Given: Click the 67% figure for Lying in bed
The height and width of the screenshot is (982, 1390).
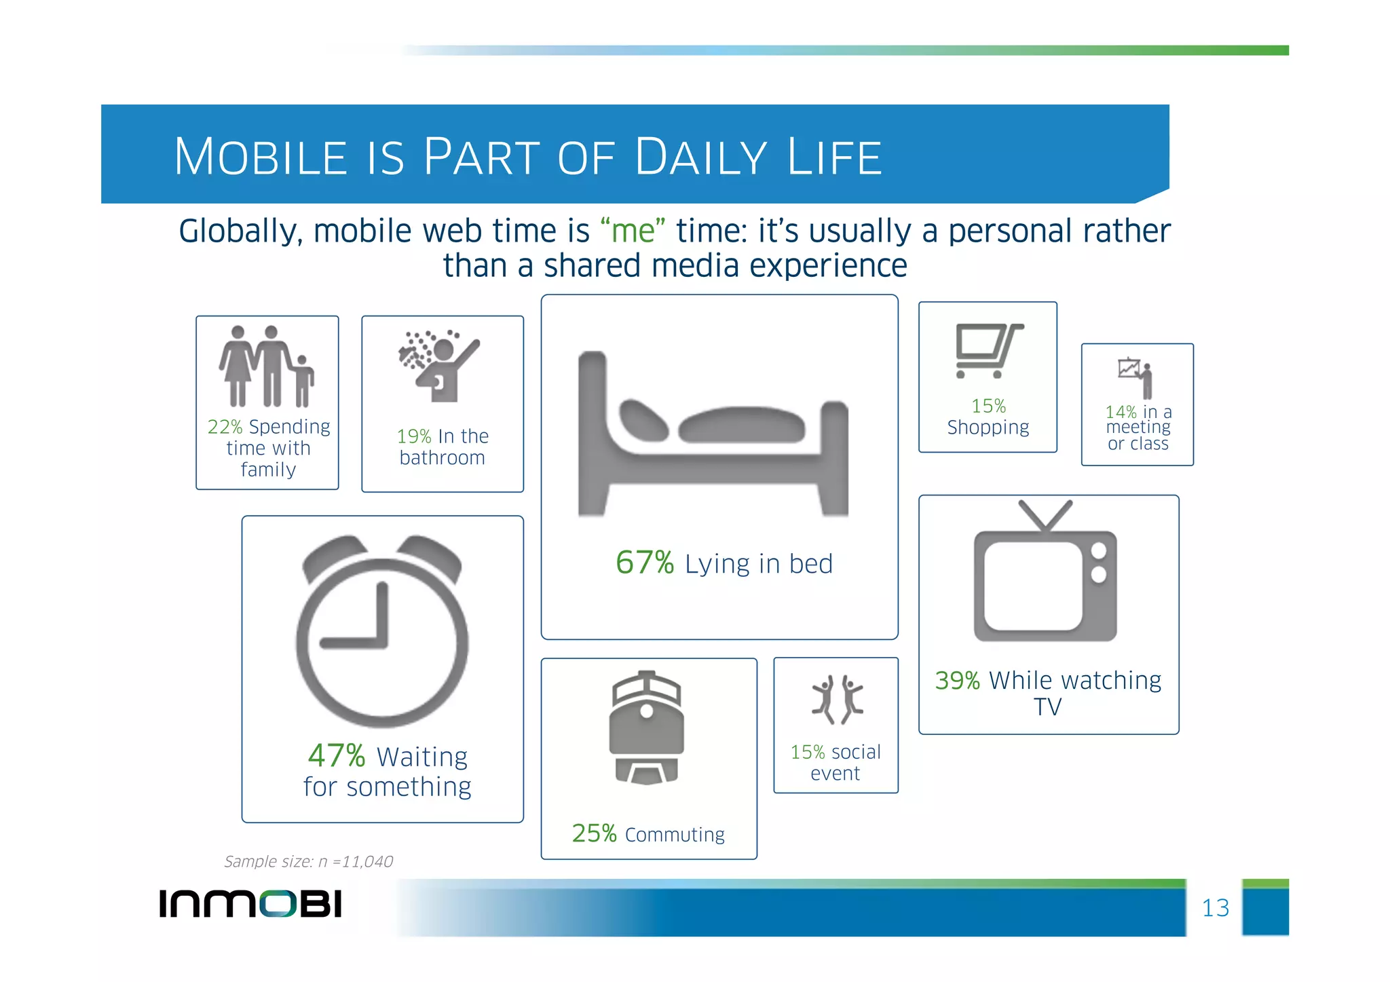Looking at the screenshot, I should tap(644, 563).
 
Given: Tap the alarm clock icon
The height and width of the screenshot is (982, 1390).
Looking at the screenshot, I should tap(382, 631).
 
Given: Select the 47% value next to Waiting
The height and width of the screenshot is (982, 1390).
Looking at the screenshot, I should tap(336, 755).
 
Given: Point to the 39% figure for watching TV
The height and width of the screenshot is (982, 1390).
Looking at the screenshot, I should tap(957, 680).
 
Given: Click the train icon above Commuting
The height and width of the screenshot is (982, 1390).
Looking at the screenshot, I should tap(646, 728).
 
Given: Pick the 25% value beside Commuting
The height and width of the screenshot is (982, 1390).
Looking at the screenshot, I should tap(594, 833).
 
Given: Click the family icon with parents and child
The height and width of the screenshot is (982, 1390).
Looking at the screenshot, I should tap(267, 366).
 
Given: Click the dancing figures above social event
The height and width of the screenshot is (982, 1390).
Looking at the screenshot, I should tap(837, 700).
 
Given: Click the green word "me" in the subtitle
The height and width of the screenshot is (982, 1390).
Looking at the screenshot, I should tap(633, 231).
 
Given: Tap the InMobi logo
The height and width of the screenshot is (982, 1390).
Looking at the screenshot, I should tap(250, 904).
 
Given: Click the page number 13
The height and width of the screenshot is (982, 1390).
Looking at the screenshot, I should tap(1215, 908).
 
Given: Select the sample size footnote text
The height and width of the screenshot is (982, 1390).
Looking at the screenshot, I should tap(308, 861).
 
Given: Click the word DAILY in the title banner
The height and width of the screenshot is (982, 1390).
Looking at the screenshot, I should tap(701, 157).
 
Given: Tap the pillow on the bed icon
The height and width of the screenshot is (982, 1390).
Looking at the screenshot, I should tap(643, 420).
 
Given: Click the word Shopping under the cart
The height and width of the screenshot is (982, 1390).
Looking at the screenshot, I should tap(988, 428).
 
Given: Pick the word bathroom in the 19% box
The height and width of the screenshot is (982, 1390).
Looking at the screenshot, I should tap(442, 458).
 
